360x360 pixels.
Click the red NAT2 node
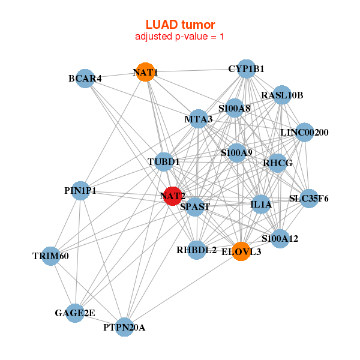point(173,196)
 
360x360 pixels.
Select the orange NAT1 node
point(145,73)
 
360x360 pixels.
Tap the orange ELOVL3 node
point(241,252)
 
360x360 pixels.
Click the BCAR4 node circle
point(85,79)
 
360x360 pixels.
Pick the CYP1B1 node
point(246,69)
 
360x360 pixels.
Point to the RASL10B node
point(282,95)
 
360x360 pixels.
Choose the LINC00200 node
point(304,133)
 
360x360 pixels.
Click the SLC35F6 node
point(308,199)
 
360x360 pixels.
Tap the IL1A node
point(261,205)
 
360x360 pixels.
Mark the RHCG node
point(277,163)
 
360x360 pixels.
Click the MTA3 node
point(199,119)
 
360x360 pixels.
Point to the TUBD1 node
point(164,162)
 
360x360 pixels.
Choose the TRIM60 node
point(51,256)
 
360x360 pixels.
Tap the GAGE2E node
point(75,313)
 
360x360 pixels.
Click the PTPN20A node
point(124,327)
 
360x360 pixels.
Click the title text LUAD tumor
point(180,25)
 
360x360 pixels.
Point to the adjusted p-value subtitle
point(180,37)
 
